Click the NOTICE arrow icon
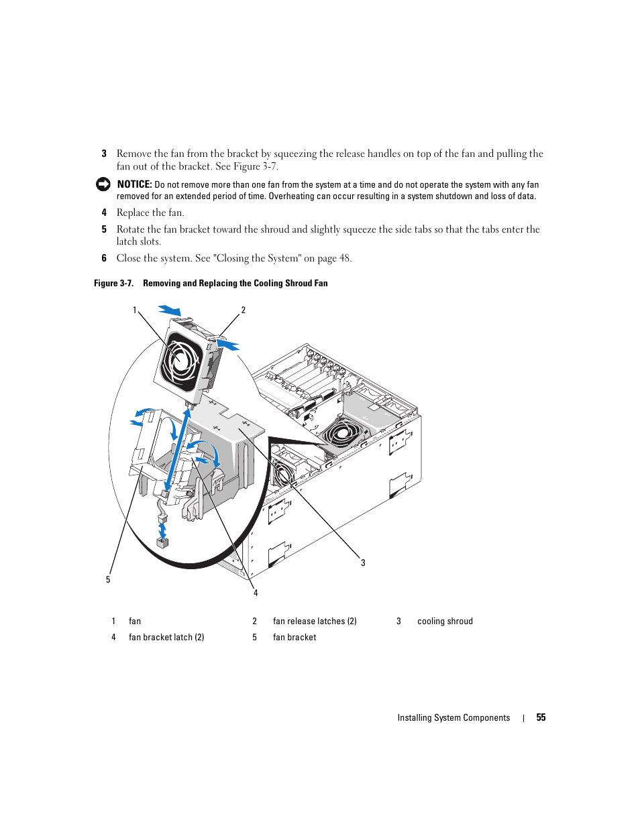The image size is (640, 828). coord(103,184)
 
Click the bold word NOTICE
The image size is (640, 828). coord(134,184)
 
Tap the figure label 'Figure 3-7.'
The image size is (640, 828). coord(113,284)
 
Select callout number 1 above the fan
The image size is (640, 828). coord(135,310)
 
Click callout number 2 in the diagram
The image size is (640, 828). coord(244,310)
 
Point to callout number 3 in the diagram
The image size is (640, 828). coord(363,563)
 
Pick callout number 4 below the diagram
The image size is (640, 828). coord(256,593)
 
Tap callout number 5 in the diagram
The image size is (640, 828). coord(108,580)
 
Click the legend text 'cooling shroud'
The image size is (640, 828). coord(445,622)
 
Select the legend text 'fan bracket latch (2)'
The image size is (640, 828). coord(166,638)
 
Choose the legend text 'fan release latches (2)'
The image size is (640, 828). coord(315,622)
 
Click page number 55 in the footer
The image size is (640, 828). coord(541,717)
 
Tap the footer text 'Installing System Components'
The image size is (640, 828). coord(454,718)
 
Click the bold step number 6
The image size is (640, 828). coord(104,258)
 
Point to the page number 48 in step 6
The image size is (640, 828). coord(345,258)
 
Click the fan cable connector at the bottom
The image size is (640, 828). coord(162,542)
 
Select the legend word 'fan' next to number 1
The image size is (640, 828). coord(135,622)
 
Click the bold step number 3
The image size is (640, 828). coord(104,154)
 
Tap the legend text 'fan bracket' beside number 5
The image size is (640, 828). coord(295,638)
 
